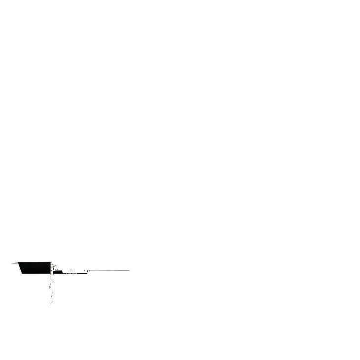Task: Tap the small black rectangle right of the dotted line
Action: [58, 271]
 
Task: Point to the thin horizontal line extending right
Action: [108, 271]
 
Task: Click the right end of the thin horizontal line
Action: [129, 271]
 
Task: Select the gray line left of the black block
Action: [14, 263]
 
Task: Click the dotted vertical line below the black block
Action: [51, 286]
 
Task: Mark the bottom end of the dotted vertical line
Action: [51, 303]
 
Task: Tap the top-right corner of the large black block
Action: [51, 262]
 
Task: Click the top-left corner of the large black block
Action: [18, 262]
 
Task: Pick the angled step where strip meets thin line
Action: [87, 271]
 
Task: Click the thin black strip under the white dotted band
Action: [74, 273]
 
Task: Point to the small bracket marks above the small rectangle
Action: [54, 267]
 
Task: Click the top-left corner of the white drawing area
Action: [11, 261]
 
